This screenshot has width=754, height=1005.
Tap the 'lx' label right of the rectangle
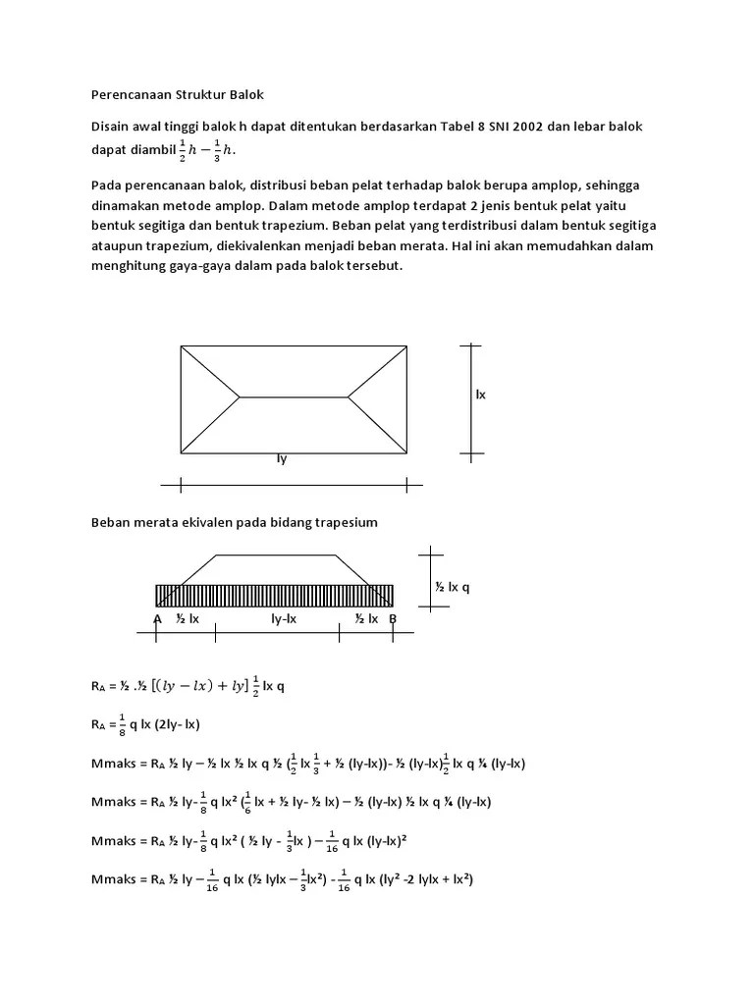pyautogui.click(x=481, y=395)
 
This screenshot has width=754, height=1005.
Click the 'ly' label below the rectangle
pyautogui.click(x=282, y=458)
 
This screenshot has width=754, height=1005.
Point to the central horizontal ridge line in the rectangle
pyautogui.click(x=294, y=397)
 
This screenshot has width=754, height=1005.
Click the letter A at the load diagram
pyautogui.click(x=157, y=618)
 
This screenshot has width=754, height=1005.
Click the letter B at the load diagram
pyautogui.click(x=393, y=618)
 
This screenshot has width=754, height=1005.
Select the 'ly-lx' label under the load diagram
pyautogui.click(x=284, y=618)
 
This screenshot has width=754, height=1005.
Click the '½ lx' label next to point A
pyautogui.click(x=188, y=618)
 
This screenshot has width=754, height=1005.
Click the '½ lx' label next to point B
pyautogui.click(x=366, y=618)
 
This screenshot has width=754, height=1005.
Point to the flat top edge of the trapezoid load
pyautogui.click(x=276, y=555)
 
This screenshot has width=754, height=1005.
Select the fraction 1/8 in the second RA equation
pyautogui.click(x=123, y=726)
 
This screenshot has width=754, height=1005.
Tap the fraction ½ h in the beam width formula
pyautogui.click(x=190, y=149)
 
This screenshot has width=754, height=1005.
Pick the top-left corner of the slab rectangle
pyautogui.click(x=181, y=345)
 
